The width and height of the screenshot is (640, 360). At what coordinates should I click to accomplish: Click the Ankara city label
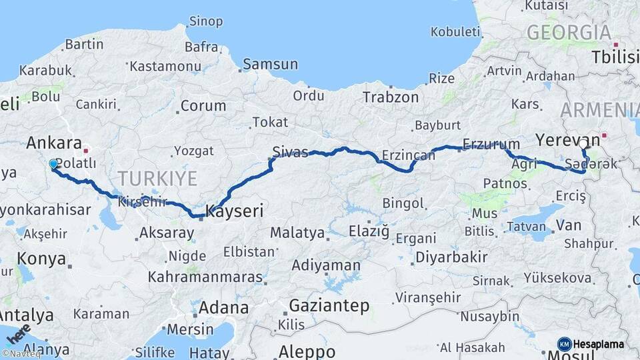point(53,143)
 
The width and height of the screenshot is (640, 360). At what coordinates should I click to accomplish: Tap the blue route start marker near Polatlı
point(53,163)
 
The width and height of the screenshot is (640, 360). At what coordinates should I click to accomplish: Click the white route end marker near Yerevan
point(583,143)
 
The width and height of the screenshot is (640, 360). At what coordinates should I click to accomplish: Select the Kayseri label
point(235,211)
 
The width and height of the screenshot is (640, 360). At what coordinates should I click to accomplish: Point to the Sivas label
point(290,153)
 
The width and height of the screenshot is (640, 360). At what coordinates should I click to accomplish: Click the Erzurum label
point(491,144)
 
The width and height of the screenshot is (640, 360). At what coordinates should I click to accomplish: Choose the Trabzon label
point(391,97)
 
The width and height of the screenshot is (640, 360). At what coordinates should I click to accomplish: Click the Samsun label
point(270,65)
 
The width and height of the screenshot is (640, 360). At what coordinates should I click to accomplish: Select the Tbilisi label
point(615,57)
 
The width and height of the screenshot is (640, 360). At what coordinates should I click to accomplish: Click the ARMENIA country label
point(600,110)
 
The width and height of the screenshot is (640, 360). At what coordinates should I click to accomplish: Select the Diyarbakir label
point(452,257)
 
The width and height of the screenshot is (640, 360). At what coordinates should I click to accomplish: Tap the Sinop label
point(205,21)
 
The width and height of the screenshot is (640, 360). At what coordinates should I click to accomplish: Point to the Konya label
point(41,259)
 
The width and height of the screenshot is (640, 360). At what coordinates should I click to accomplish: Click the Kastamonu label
point(165,66)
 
